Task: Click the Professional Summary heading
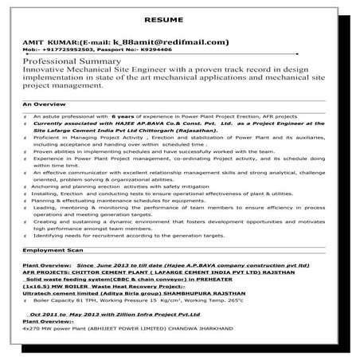click(72, 61)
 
